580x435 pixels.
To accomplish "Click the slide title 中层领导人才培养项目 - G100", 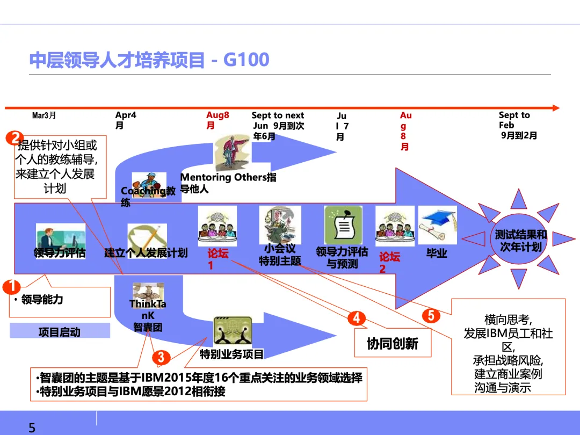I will point(149,60).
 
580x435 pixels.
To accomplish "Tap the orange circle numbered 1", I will point(11,286).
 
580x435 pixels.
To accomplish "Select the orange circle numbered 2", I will point(15,138).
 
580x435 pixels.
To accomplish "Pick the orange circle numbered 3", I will point(160,357).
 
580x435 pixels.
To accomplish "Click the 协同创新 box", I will point(392,344).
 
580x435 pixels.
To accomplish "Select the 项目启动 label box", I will point(60,331).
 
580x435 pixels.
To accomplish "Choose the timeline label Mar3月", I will point(44,115).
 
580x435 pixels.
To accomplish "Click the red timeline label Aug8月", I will point(217,120).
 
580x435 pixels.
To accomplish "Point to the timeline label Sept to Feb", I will point(517,125).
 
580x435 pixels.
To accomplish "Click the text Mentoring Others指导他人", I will point(228,183).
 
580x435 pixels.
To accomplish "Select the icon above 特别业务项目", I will point(233,331).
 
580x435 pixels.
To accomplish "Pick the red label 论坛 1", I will point(218,258).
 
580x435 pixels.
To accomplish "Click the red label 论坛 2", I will point(389,262).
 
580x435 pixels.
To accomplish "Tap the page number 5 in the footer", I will point(32,427).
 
